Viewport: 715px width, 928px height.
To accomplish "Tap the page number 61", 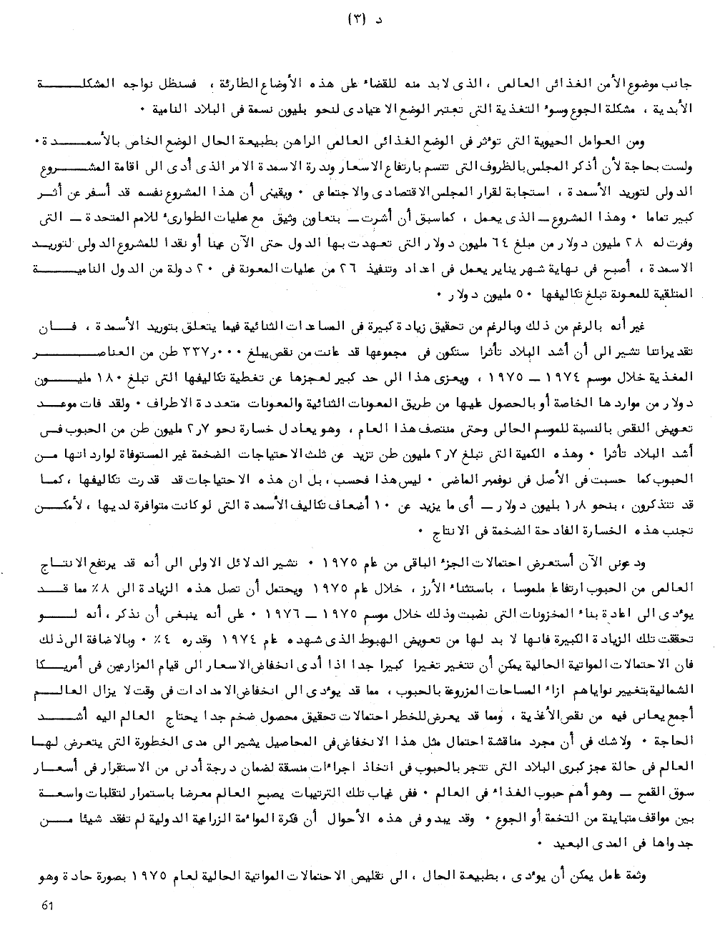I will [x=49, y=905].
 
